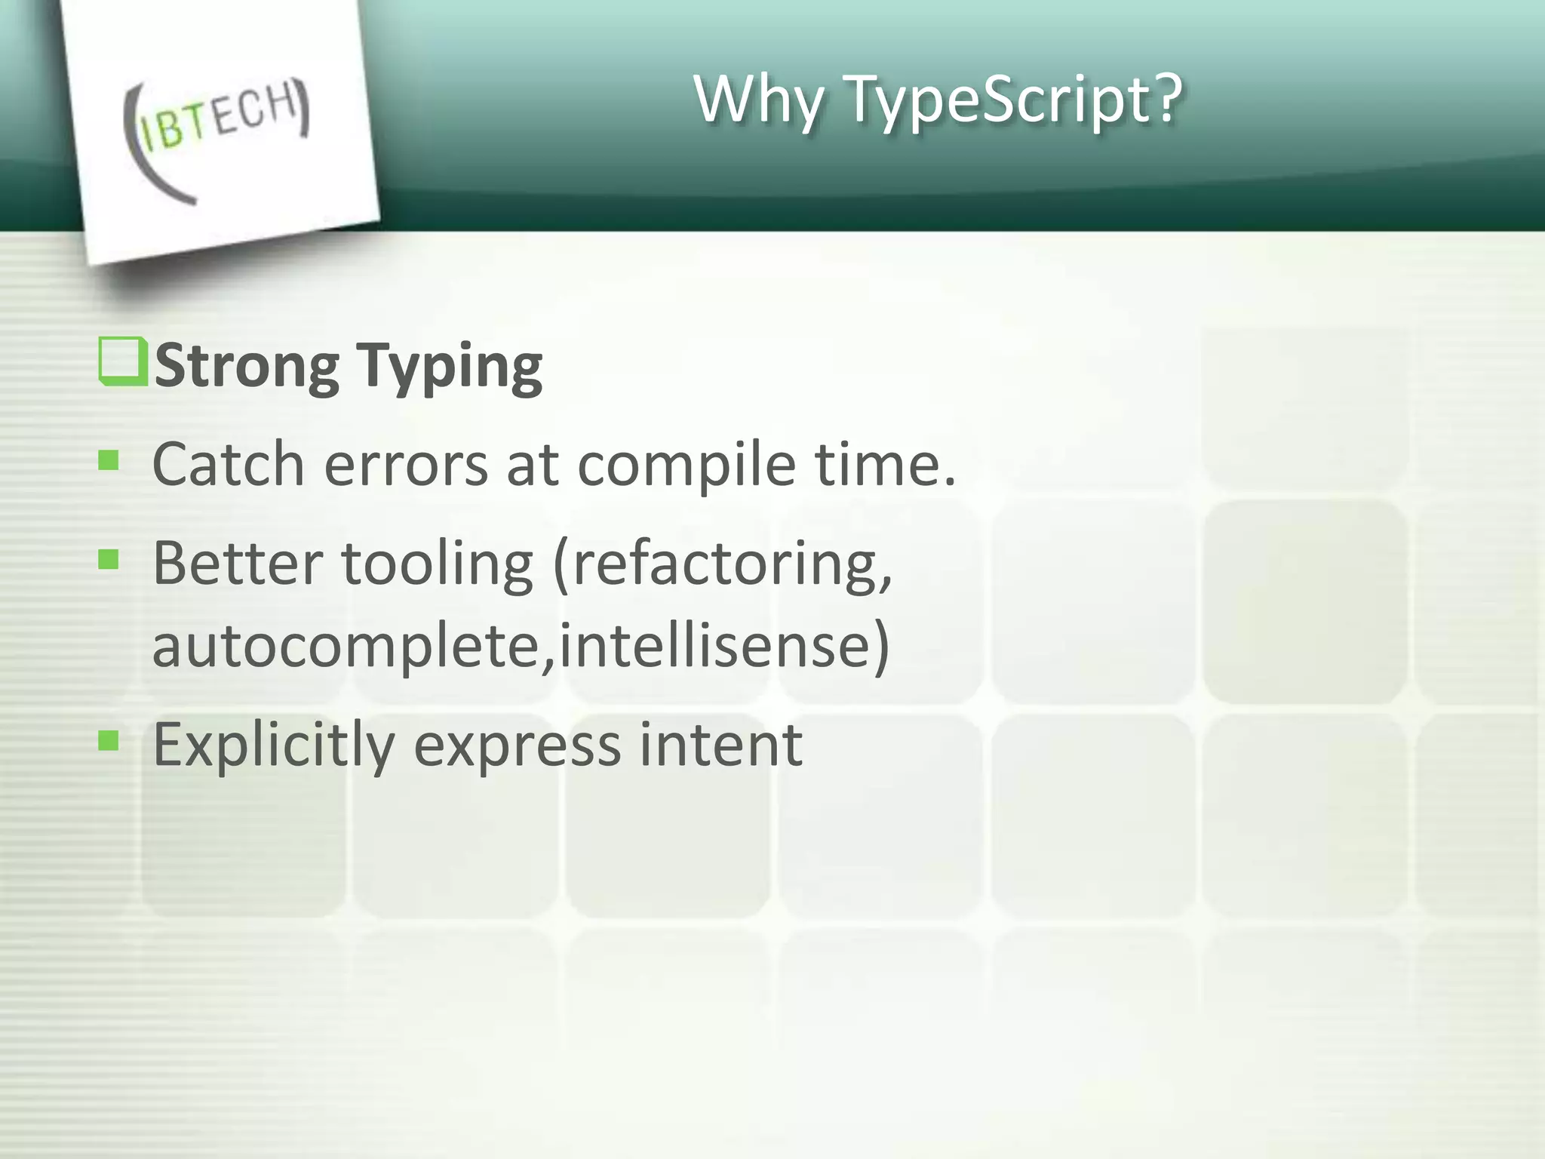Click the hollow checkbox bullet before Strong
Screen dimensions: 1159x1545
122,362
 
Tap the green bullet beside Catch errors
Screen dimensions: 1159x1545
109,460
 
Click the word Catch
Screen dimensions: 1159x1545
228,463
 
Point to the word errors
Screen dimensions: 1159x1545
406,465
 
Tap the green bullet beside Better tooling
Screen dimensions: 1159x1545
109,559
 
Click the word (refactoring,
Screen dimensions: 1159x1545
723,564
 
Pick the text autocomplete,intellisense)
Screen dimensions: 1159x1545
521,646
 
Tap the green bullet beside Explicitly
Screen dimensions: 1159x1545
109,740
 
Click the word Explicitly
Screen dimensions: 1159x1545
273,746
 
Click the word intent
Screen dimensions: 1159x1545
720,744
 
